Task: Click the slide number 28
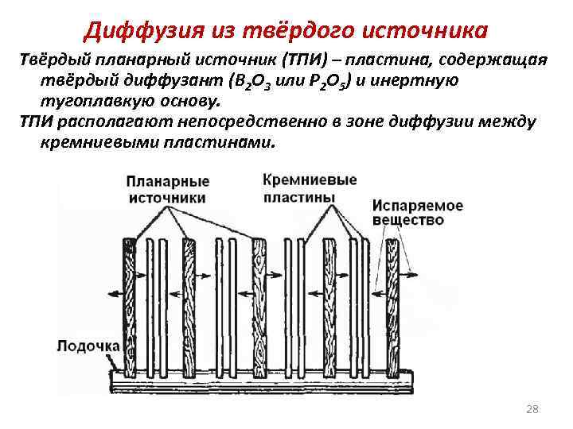(532, 410)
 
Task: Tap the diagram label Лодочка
(87, 346)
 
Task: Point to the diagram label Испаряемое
(416, 205)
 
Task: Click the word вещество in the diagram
(407, 219)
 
